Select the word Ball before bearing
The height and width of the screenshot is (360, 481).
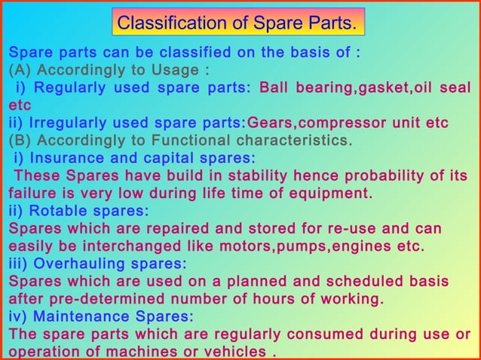click(x=276, y=88)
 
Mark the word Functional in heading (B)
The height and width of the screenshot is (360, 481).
click(x=189, y=140)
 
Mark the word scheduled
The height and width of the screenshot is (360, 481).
click(x=357, y=281)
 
